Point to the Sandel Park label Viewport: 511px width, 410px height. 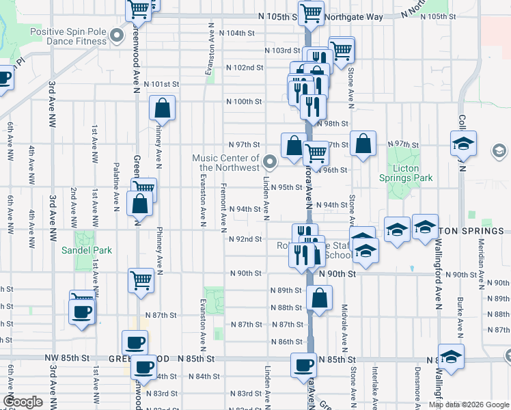click(x=95, y=250)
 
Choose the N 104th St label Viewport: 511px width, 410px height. click(x=240, y=33)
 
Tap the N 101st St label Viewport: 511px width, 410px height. click(x=165, y=84)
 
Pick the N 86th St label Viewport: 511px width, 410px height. click(x=286, y=342)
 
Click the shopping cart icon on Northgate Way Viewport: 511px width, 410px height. click(x=312, y=12)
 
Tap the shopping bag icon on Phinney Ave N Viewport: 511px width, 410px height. click(x=163, y=108)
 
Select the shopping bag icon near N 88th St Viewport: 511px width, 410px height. click(x=319, y=297)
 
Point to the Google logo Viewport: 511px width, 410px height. click(x=23, y=402)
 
